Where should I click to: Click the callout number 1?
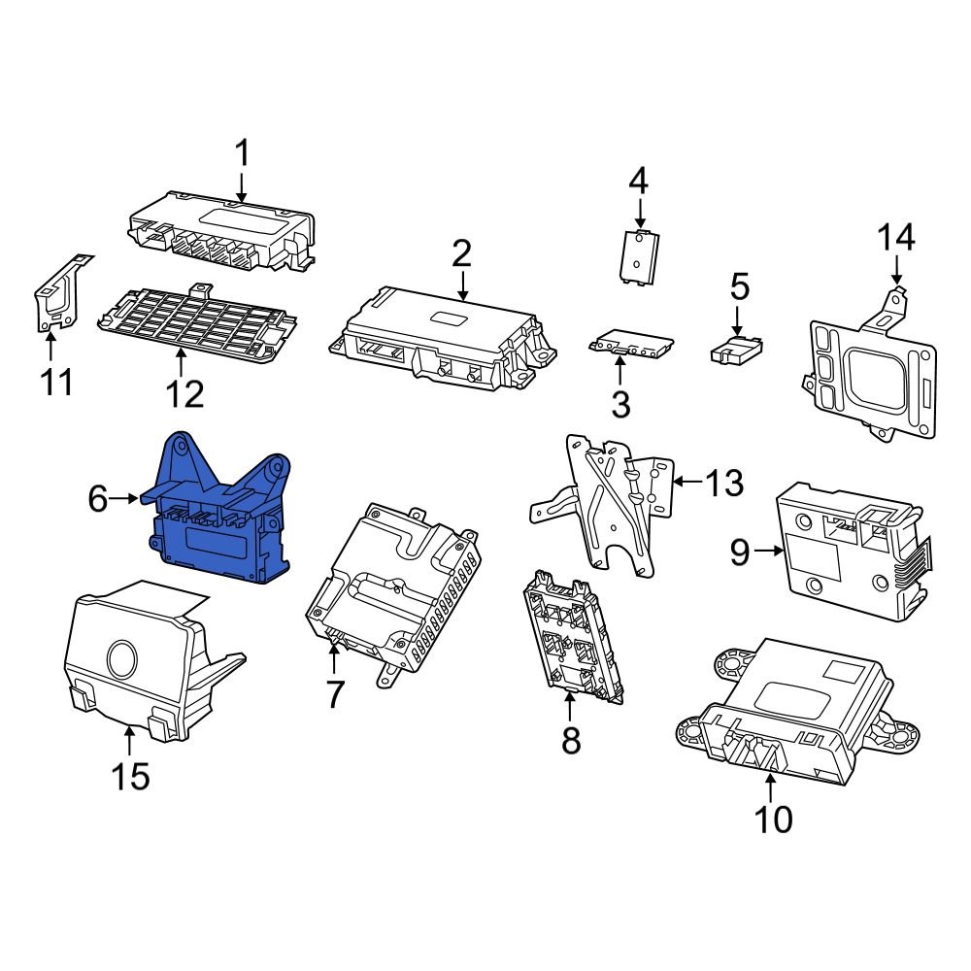[x=243, y=153]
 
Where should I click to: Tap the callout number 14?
[x=896, y=238]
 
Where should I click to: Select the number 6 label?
[x=98, y=499]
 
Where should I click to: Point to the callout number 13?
[x=723, y=482]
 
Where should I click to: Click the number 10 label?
[x=774, y=820]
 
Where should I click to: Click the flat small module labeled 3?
[x=631, y=342]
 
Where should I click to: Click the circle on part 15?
[x=123, y=657]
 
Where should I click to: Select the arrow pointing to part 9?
[x=769, y=552]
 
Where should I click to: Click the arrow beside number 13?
[x=686, y=481]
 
